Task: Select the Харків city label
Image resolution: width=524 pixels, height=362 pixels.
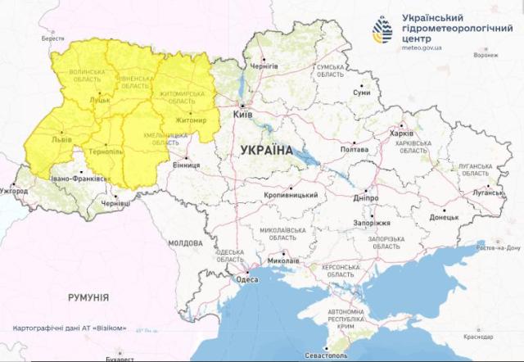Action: [x=402, y=133]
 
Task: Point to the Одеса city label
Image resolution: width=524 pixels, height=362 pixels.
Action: [x=247, y=279]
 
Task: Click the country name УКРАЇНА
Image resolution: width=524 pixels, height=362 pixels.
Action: [x=267, y=151]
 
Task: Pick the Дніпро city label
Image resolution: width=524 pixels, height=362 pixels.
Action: [x=365, y=197]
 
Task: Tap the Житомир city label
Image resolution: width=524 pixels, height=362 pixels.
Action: [x=191, y=124]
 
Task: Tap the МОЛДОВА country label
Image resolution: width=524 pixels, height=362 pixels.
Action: [x=184, y=243]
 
